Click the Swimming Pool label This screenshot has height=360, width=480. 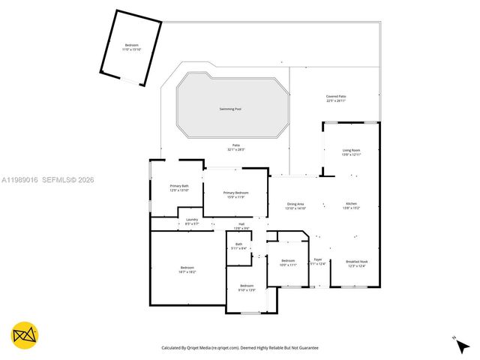tap(230, 109)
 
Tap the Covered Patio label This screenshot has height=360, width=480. tap(336, 97)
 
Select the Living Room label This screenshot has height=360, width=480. tap(351, 151)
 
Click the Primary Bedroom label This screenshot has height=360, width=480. tap(235, 193)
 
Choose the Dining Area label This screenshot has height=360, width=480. tap(295, 204)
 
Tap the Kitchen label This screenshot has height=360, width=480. tap(351, 204)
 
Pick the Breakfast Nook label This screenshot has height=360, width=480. tap(356, 262)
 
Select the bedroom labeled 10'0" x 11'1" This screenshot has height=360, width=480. tap(288, 262)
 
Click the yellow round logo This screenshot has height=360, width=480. tap(24, 335)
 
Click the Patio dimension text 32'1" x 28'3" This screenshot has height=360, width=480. tap(235, 150)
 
